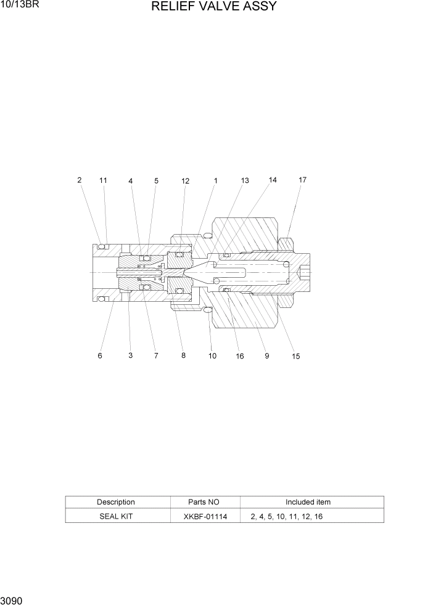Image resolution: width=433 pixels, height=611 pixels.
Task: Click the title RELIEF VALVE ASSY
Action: point(213,7)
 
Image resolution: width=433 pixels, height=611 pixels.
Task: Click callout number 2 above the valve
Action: point(80,180)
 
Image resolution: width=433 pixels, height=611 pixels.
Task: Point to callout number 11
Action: point(103,180)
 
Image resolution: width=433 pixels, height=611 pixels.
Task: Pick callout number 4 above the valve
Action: point(131,181)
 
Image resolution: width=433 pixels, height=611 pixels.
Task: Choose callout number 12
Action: point(185,181)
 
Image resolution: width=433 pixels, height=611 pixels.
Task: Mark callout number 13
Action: point(245,180)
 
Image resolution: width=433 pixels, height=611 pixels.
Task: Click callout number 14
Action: point(273,180)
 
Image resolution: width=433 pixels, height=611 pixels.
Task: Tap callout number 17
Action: point(302,180)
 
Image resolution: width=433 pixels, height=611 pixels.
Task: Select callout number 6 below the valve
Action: point(100,356)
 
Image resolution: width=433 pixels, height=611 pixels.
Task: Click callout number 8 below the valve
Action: point(183,355)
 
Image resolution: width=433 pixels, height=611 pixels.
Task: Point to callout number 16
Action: point(239,357)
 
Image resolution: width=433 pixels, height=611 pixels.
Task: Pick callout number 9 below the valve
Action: point(267,356)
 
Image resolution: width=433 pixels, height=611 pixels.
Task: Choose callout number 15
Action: point(296,357)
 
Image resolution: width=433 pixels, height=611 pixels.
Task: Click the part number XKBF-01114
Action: point(206,517)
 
